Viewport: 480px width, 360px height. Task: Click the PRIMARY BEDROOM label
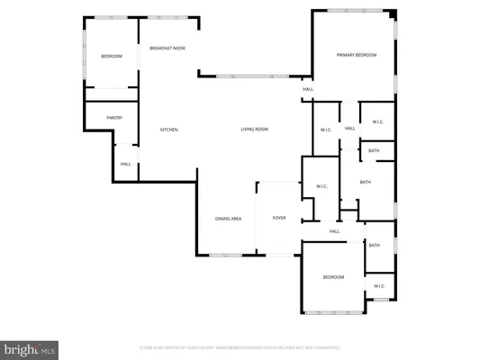tap(357, 56)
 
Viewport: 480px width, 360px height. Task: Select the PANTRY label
tap(114, 117)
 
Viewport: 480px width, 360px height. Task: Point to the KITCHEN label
tap(169, 130)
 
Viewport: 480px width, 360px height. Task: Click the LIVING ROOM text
tap(254, 130)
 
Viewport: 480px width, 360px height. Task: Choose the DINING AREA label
tap(228, 219)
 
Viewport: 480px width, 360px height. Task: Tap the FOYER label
tap(279, 219)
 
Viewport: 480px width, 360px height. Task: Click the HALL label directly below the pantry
tap(126, 164)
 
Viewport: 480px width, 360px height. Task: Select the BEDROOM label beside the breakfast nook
tap(111, 57)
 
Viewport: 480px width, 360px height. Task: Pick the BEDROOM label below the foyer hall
tap(333, 277)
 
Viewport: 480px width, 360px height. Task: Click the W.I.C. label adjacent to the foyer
tap(322, 186)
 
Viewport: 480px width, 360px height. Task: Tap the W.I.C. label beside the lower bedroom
tap(379, 286)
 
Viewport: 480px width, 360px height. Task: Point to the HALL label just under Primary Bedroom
tap(308, 89)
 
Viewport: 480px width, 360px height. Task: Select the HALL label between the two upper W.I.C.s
tap(350, 129)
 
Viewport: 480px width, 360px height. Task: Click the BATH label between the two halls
tap(365, 183)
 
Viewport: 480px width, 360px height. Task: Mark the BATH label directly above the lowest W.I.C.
tap(374, 246)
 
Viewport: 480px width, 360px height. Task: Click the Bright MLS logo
tap(29, 347)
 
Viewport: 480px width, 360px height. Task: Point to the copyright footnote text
tap(240, 346)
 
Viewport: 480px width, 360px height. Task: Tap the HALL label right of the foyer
tap(334, 231)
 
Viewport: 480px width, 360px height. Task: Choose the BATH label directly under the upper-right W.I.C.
tap(374, 150)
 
